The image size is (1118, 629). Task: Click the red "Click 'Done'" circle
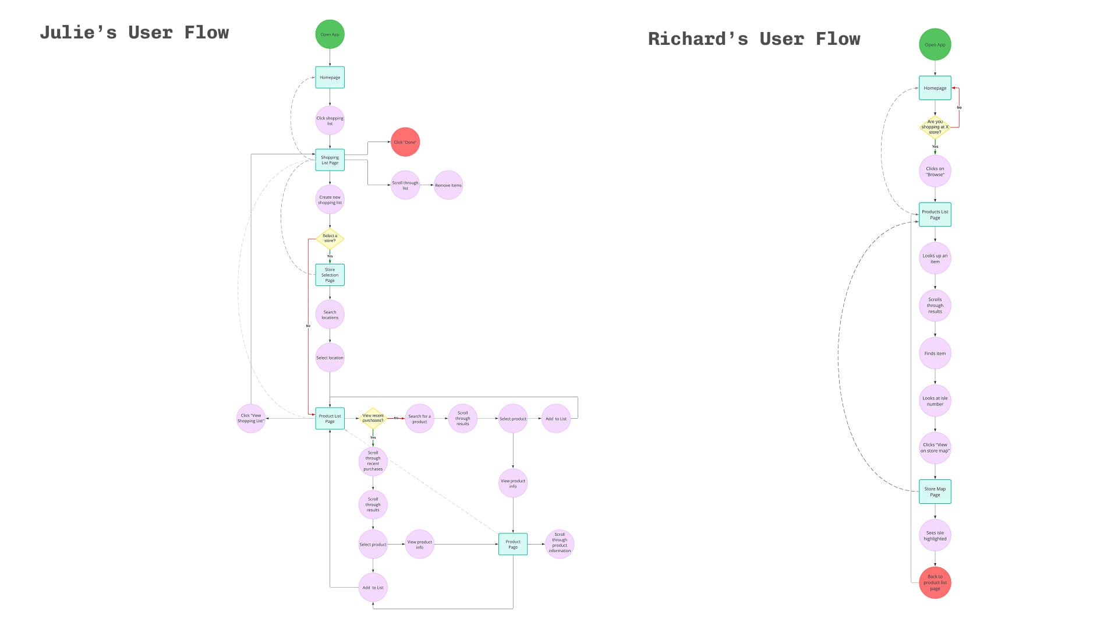[x=405, y=142]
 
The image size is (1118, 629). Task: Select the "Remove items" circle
[x=448, y=185]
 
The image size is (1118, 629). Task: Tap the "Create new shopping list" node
[x=330, y=200]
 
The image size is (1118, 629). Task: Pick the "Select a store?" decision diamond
[x=330, y=238]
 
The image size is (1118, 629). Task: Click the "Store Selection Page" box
[x=330, y=275]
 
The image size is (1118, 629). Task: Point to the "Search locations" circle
[x=330, y=314]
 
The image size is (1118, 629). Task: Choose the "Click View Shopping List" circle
[x=251, y=418]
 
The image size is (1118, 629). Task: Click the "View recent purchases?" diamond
[x=373, y=418]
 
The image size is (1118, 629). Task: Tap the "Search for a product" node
[x=419, y=419]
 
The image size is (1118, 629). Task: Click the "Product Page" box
[x=513, y=544]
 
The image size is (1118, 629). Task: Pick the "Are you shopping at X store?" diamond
[x=935, y=127]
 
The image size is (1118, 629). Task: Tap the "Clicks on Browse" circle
[x=935, y=171]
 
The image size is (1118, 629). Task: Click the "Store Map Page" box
[x=935, y=492]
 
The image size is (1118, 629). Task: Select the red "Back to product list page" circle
[x=935, y=582]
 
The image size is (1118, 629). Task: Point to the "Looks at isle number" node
[x=935, y=401]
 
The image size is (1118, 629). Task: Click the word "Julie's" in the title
[x=78, y=33]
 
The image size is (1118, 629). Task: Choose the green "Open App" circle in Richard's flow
[x=935, y=44]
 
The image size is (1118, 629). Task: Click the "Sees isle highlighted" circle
[x=935, y=535]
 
